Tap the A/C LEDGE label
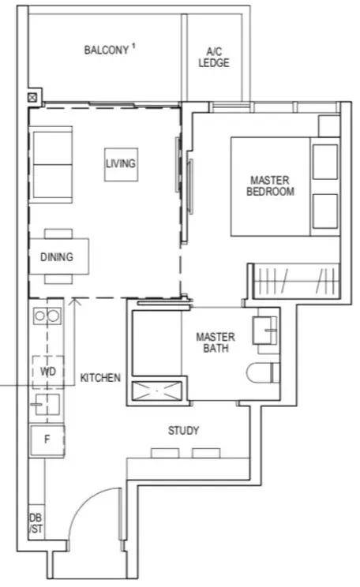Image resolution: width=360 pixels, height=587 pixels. pos(214,58)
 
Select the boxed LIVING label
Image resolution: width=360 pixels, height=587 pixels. pos(121,164)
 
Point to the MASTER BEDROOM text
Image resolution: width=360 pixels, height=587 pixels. pos(270,186)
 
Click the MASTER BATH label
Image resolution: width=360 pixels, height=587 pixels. pos(216,342)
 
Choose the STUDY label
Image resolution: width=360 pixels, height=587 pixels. pos(183,431)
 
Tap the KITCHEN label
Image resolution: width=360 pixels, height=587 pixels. pos(100,378)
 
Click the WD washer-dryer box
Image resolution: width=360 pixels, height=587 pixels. pos(48,372)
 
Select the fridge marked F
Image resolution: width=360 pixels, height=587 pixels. pos(47,439)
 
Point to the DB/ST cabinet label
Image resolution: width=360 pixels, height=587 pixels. pos(36,523)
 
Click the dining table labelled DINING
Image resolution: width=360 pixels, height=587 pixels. pos(58,256)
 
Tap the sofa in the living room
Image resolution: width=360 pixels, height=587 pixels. pos(51,164)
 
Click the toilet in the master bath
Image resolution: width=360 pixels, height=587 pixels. pos(264,373)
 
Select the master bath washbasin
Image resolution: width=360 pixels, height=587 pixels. pos(264,330)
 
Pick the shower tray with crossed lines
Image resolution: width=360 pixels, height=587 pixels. pos(157,391)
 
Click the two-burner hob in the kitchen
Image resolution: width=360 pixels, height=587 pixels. pos(47,316)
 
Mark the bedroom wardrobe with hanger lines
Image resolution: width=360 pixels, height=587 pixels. pos(295,281)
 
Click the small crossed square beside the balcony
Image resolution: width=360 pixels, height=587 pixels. pos(32,98)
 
